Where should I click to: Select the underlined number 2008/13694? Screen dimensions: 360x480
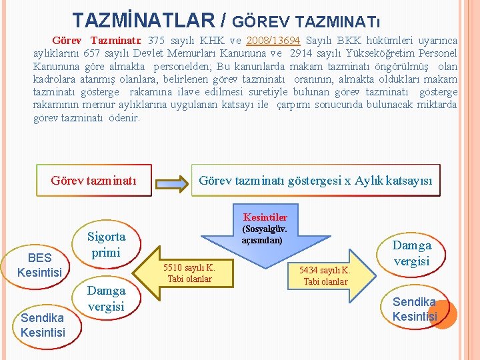[x=273, y=41]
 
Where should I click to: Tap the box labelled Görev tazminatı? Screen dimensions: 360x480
[x=93, y=181]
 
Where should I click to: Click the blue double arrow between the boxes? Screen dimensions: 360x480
[x=170, y=181]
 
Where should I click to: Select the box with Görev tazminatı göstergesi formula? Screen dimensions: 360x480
[x=315, y=181]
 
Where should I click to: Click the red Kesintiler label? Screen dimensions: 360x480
[x=265, y=217]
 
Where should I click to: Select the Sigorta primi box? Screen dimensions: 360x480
[x=106, y=245]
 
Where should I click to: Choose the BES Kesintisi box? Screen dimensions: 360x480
[x=39, y=265]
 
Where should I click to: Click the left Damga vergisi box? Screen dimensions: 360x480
[x=106, y=298]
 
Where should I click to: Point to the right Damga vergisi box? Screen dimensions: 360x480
[x=411, y=253]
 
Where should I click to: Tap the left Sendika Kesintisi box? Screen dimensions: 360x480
[x=43, y=324]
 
